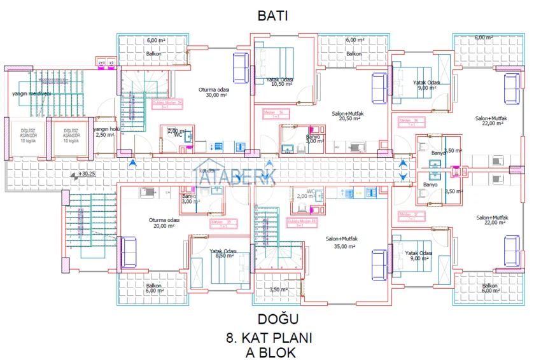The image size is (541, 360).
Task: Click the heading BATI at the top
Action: [x=272, y=16]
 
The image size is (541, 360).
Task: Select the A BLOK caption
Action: [x=271, y=351]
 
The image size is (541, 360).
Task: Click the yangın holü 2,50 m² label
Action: [x=106, y=132]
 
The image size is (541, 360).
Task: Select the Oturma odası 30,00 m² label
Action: [x=214, y=92]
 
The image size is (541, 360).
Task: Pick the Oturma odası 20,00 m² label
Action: [x=164, y=223]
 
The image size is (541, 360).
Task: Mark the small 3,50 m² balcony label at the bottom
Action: [x=278, y=290]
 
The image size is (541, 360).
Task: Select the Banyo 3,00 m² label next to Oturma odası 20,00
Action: [x=190, y=199]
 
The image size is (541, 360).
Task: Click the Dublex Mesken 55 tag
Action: [x=302, y=222]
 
